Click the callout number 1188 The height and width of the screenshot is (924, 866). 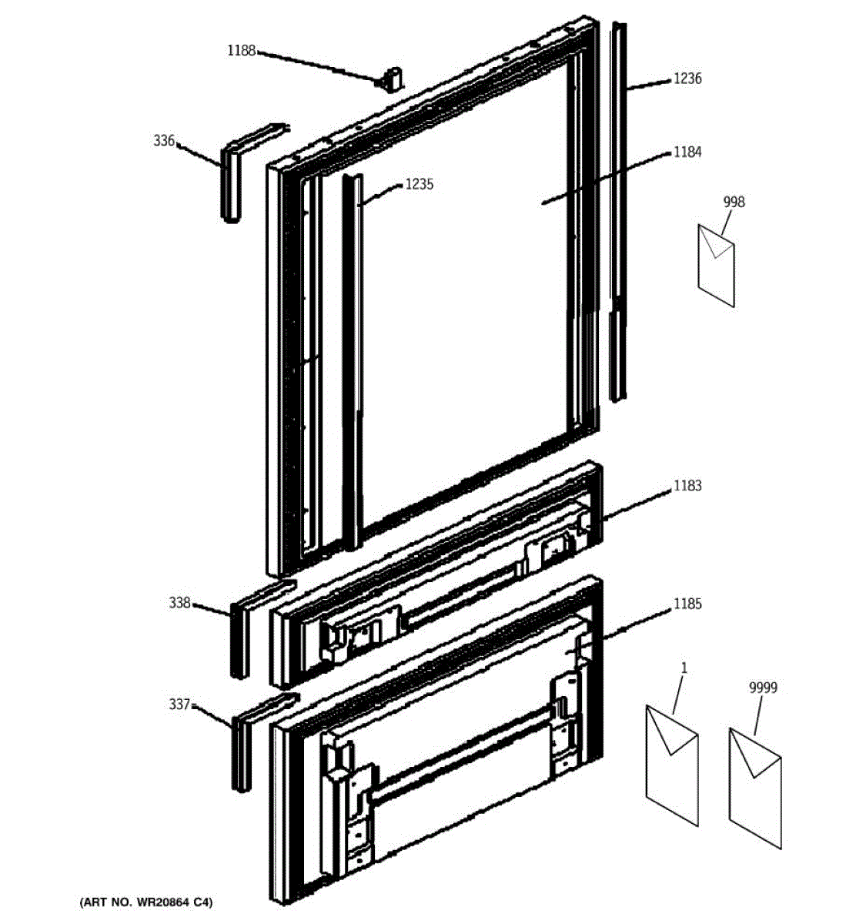240,51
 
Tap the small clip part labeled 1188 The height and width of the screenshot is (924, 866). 393,79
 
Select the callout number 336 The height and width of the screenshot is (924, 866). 164,141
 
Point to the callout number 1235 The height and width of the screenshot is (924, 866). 419,184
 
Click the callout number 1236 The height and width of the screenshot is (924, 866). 687,79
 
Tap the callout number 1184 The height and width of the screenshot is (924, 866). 687,152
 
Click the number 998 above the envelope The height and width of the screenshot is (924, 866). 734,202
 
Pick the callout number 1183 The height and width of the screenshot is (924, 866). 687,486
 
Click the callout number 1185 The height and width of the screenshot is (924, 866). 687,604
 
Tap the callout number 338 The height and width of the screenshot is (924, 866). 179,603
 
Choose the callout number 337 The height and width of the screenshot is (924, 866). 179,704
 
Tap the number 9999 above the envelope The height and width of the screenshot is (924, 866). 762,688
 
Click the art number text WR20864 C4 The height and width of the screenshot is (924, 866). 146,902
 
